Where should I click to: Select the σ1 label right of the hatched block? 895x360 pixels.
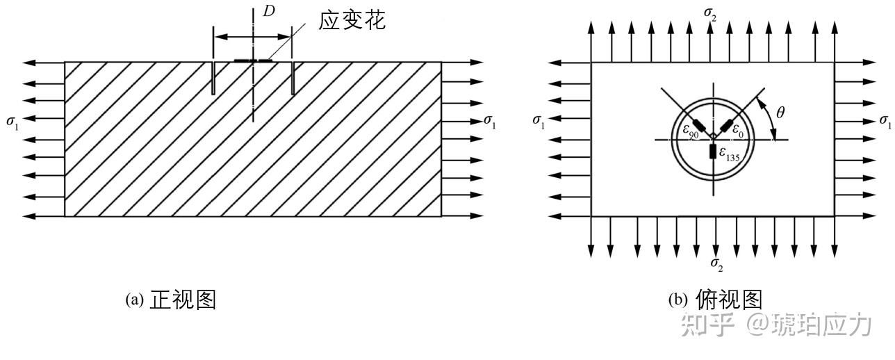click(x=490, y=122)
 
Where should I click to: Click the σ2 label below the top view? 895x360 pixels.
click(x=716, y=263)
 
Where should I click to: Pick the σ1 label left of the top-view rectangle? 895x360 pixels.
click(x=539, y=120)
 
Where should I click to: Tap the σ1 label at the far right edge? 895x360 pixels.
click(x=885, y=121)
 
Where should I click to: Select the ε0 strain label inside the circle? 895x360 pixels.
click(x=739, y=130)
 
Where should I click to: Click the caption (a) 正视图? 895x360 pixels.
click(x=170, y=300)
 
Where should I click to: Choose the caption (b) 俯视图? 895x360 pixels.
click(x=715, y=300)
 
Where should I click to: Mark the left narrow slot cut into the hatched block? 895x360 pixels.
click(x=213, y=78)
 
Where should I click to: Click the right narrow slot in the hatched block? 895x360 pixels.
click(x=293, y=78)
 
